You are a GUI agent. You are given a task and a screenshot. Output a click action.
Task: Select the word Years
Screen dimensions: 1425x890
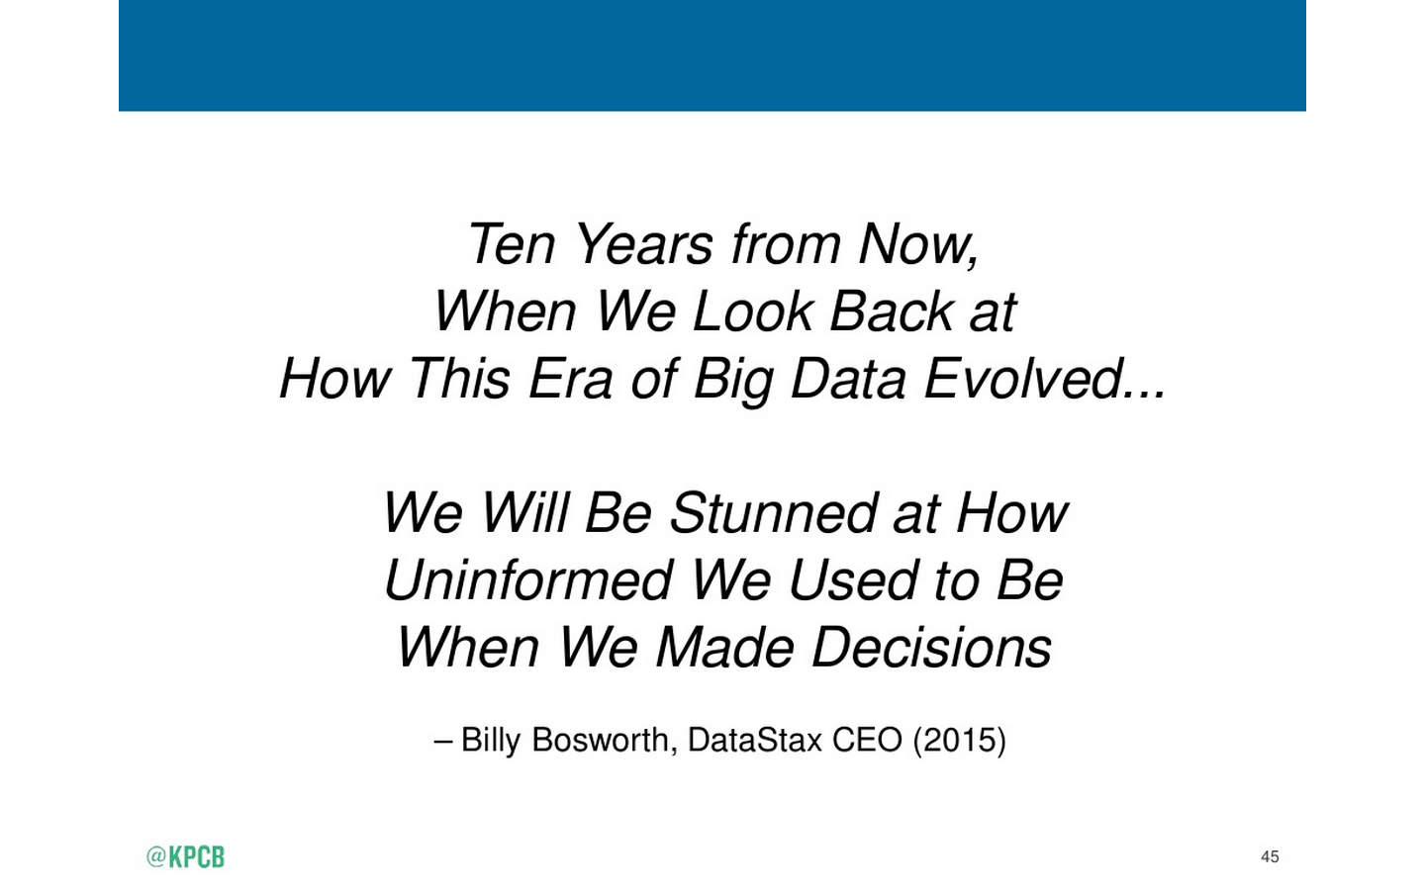tap(643, 244)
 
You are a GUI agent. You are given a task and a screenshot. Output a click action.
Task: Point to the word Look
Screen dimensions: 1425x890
tap(752, 311)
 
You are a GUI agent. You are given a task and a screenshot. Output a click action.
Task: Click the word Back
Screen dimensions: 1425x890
tap(891, 311)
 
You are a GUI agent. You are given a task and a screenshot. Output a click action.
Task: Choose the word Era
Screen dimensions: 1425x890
tap(570, 379)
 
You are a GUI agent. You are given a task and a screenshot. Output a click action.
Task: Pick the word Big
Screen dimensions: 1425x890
tap(733, 382)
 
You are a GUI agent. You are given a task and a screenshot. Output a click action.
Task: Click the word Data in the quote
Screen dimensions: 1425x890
tap(848, 379)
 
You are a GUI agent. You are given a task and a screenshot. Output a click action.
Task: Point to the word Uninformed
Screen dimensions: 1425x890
tap(528, 579)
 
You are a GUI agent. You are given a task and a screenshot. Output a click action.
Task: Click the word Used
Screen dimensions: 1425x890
tap(852, 579)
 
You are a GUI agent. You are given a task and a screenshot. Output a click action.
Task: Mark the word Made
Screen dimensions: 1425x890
tap(724, 647)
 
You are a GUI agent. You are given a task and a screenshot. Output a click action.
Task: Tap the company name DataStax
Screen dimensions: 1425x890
tap(755, 740)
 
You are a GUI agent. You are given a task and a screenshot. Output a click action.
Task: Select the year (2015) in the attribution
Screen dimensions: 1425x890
tap(960, 742)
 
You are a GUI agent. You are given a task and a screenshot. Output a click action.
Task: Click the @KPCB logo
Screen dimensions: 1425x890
tap(185, 857)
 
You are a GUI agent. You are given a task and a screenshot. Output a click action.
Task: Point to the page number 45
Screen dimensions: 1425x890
tap(1270, 857)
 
